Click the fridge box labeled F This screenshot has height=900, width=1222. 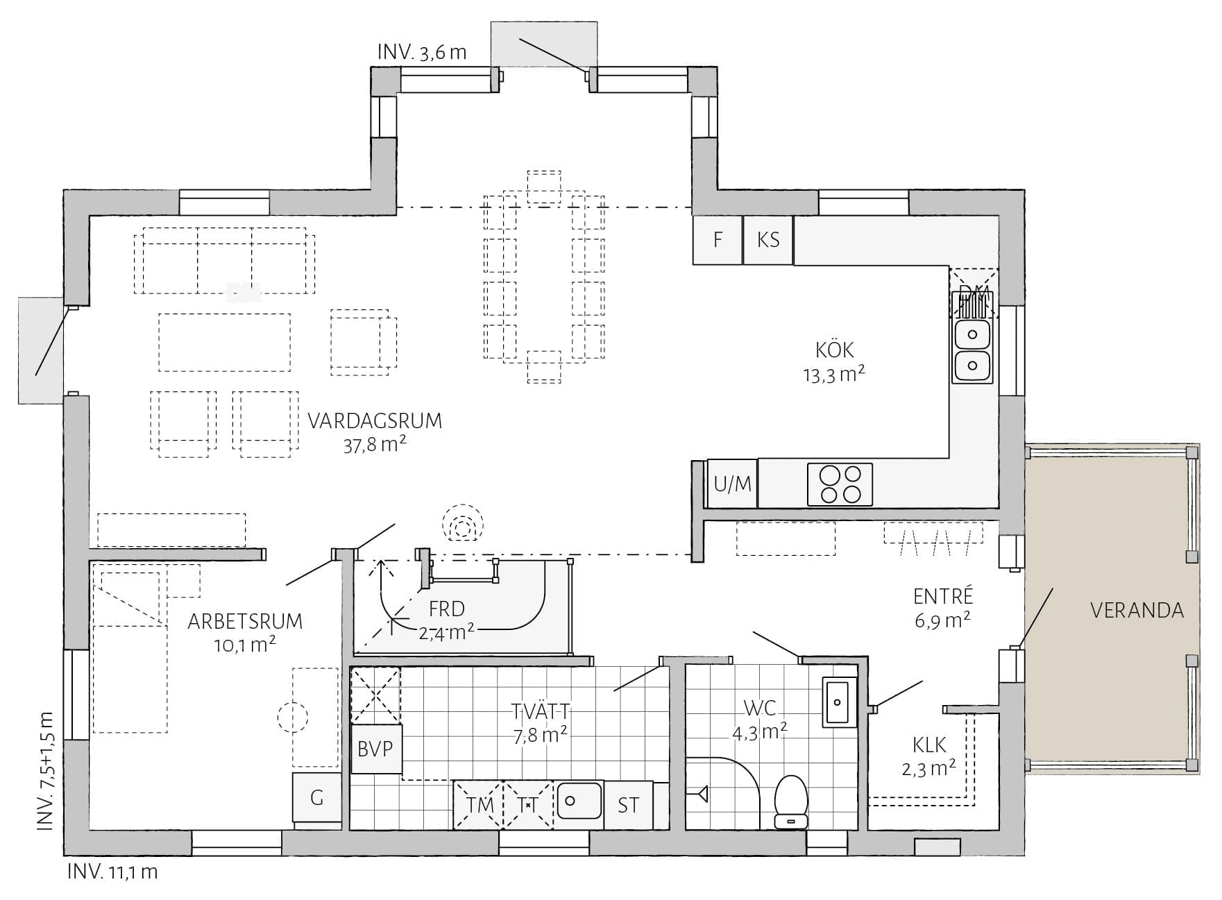(718, 240)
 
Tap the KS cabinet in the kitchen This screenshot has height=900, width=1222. (768, 240)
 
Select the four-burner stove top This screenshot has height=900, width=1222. (840, 484)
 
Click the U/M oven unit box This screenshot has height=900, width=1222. (732, 483)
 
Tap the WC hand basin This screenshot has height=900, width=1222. (840, 702)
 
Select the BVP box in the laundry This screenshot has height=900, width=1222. (375, 749)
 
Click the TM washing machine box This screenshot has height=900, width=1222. (479, 805)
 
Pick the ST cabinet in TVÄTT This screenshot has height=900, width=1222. (629, 805)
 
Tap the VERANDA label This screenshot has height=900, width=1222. (1137, 611)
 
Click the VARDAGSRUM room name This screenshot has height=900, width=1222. (375, 421)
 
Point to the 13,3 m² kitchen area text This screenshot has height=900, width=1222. (834, 375)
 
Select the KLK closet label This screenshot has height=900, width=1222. (929, 745)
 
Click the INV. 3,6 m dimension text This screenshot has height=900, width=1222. (422, 53)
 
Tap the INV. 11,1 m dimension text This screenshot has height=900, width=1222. (112, 872)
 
